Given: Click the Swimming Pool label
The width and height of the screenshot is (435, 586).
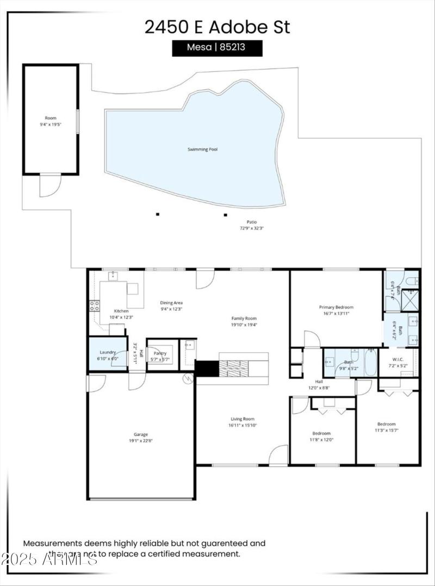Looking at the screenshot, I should coord(202,149).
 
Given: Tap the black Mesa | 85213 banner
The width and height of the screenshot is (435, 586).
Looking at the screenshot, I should coord(217,48).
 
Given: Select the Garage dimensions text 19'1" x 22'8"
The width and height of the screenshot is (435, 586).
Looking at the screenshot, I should coord(141,441).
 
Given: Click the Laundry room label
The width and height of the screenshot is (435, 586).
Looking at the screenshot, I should coord(108,352).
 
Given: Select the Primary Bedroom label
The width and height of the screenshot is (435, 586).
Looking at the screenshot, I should coord(336,307).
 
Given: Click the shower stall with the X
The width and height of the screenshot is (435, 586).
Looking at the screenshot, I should coord(411,300).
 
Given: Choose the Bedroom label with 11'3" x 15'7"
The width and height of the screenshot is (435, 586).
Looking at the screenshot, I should coord(387,424).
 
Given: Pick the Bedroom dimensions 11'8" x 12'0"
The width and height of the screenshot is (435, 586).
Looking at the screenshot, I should coord(321,440).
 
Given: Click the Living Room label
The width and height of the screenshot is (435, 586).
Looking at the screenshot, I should coord(242,419).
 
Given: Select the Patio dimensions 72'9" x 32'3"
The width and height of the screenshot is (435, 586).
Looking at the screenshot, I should coord(251,228).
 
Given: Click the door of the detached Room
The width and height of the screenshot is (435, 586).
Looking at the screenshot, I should coord(47,185).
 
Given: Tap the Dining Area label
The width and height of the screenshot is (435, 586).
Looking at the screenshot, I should coord(171,303).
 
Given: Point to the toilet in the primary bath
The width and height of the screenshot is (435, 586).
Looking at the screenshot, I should coord(412,281).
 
